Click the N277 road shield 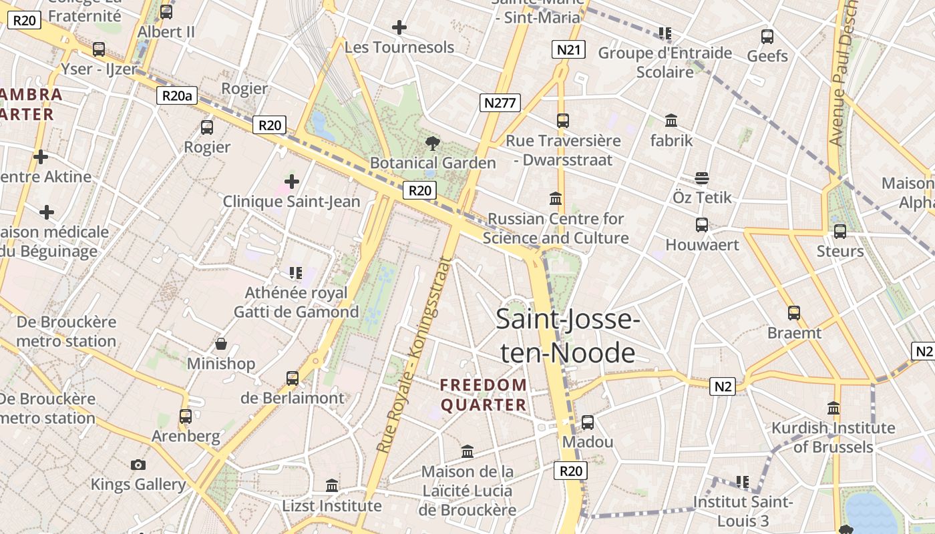500,103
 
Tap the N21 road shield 569,49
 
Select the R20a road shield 177,95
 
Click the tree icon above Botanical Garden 433,142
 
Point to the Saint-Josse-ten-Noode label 568,336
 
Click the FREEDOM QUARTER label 484,394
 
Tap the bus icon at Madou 588,423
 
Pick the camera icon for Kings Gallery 138,465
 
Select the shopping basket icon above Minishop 220,344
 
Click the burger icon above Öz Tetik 701,178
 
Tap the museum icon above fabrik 671,121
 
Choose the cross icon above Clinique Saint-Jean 291,181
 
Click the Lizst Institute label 332,505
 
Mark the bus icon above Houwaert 702,225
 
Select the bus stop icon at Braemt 794,312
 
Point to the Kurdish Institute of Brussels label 833,437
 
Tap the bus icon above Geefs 767,36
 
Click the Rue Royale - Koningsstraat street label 413,356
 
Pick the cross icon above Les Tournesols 399,27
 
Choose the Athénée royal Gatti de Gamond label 296,302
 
